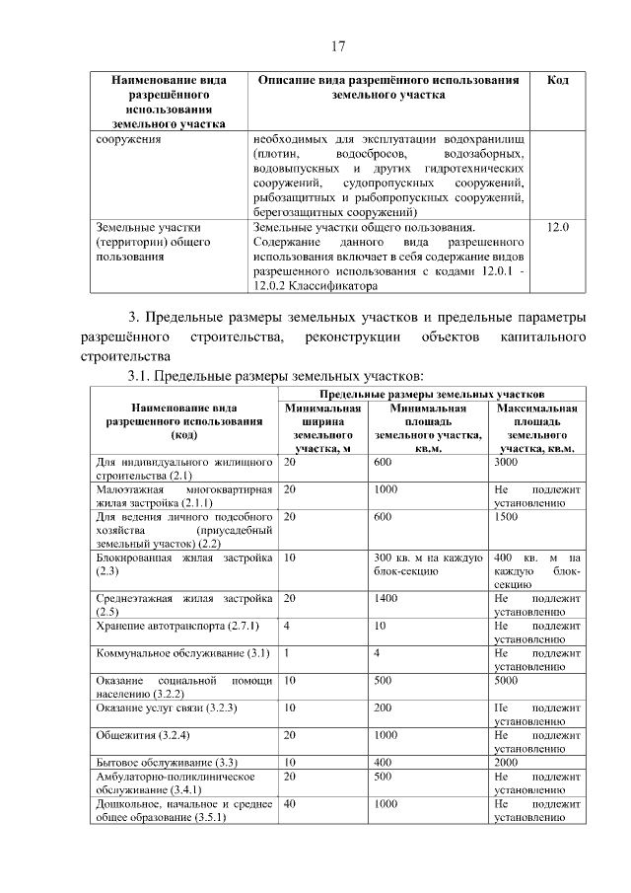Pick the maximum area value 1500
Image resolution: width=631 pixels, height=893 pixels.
(x=507, y=515)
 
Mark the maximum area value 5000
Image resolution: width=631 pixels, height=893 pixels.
(x=507, y=680)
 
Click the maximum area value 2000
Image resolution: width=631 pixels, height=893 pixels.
(x=507, y=762)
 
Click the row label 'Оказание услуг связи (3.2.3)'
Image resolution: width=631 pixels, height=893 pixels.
(x=166, y=707)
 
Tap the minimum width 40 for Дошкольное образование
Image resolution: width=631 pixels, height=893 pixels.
(x=290, y=803)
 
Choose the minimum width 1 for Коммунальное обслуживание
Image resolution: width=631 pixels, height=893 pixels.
(x=287, y=652)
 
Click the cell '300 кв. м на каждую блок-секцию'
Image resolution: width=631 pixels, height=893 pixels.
(x=427, y=563)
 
